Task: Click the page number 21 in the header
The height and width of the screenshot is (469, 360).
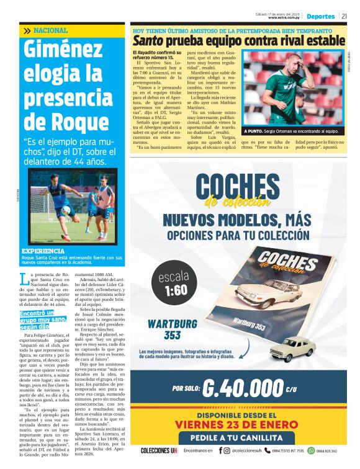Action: pos(344,16)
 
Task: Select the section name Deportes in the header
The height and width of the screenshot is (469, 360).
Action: pos(320,16)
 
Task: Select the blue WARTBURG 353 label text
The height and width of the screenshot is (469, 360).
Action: pos(164,329)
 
